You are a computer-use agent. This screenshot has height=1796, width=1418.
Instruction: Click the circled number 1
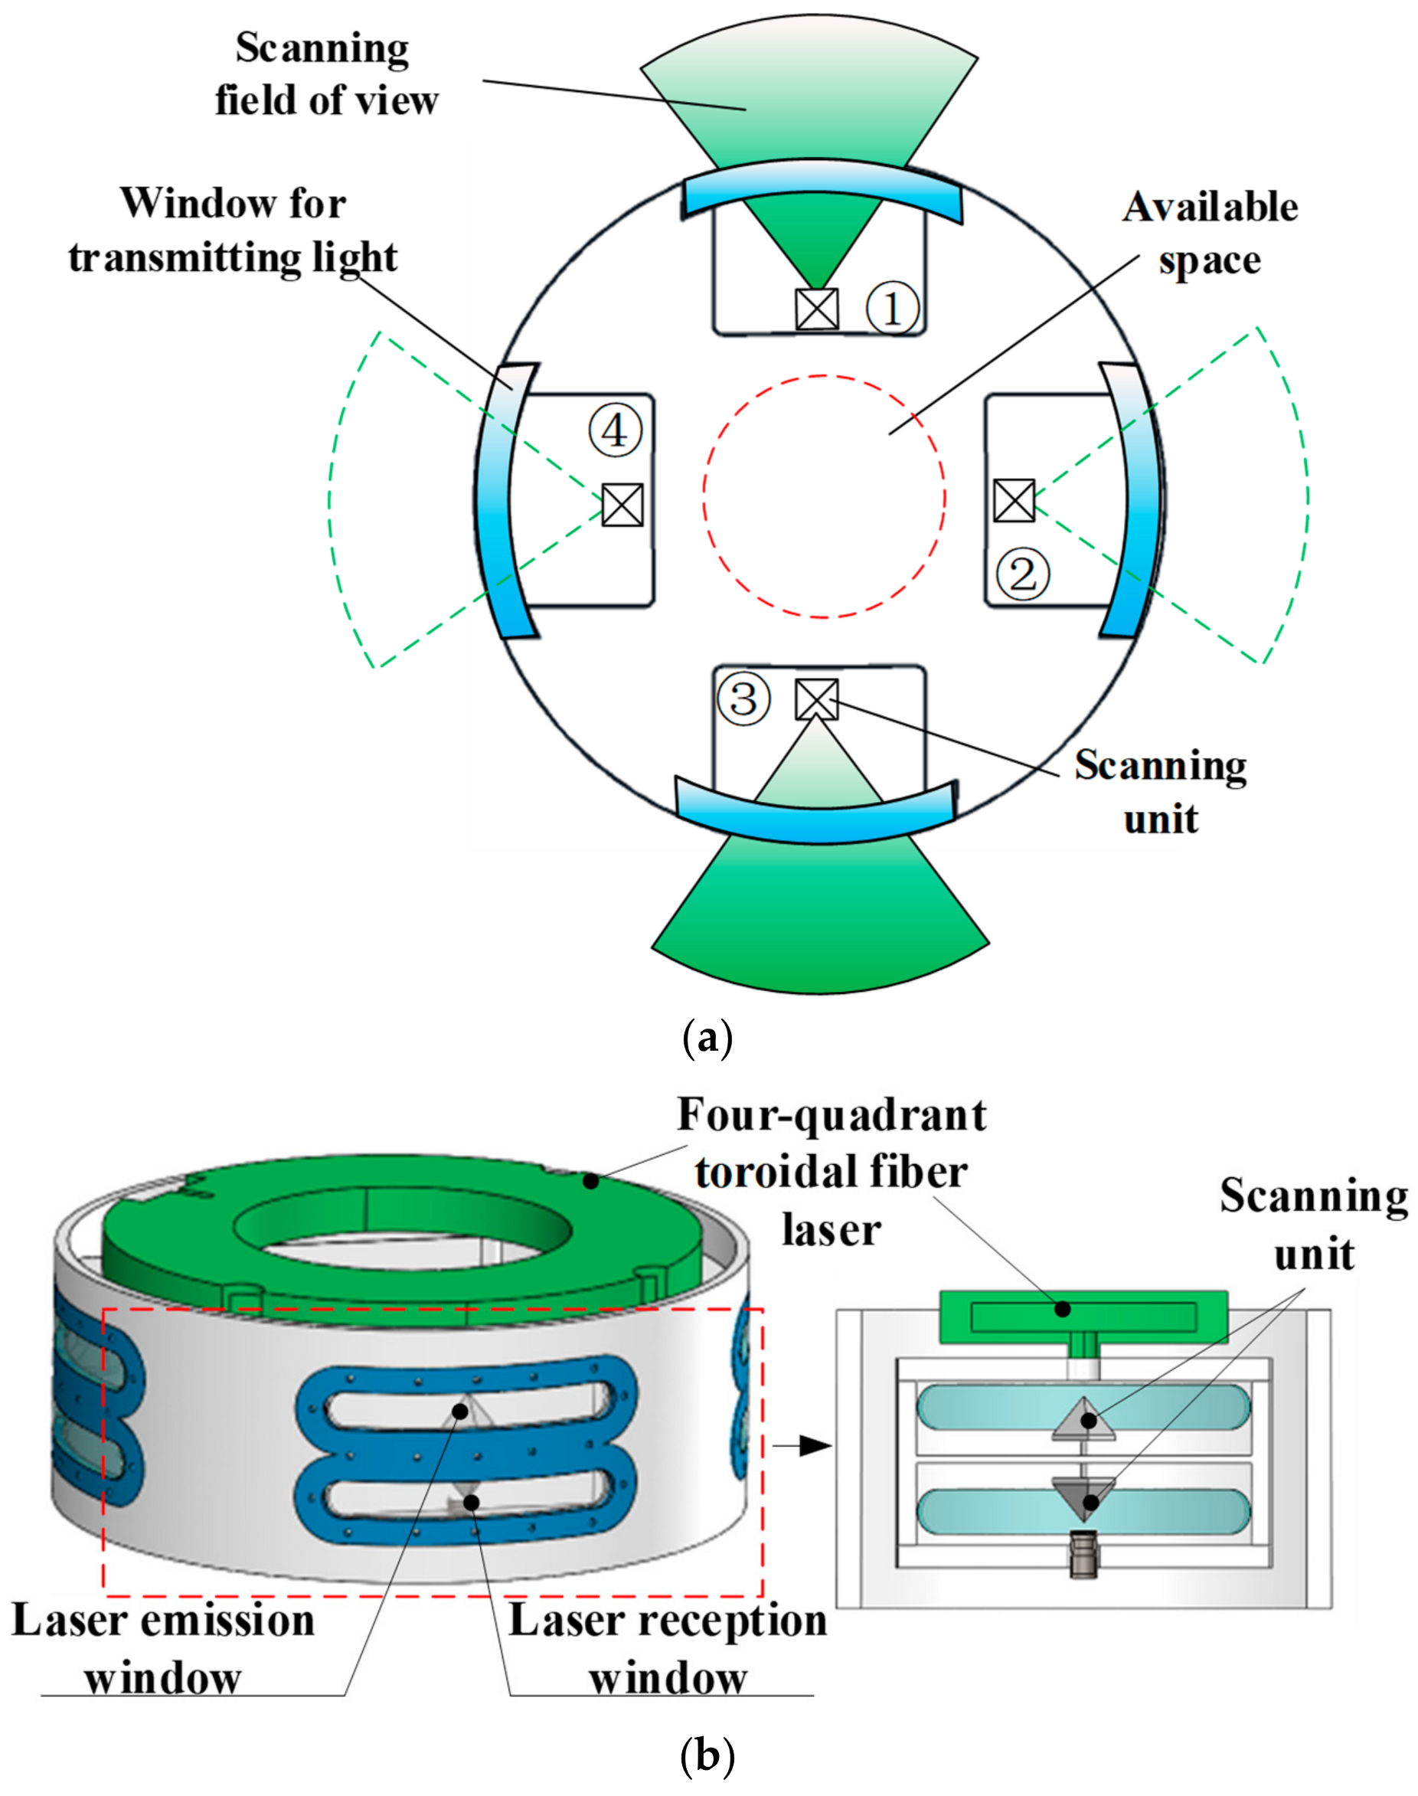coord(893,308)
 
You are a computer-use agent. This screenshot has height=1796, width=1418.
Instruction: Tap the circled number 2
coord(1023,574)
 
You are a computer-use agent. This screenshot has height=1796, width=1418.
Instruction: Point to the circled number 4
coord(615,431)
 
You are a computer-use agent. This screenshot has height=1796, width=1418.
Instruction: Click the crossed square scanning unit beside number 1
coord(817,309)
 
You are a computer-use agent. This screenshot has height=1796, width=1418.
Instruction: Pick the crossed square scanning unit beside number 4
coord(622,504)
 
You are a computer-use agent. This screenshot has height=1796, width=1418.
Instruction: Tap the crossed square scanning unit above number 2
coord(1014,501)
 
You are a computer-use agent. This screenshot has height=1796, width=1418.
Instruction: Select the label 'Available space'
coord(1210,234)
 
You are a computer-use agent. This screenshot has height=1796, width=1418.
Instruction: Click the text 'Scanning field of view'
coord(325,75)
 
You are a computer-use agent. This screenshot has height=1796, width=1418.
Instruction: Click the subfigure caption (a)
coord(707,1038)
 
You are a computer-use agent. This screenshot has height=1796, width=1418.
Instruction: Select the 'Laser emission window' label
coord(164,1649)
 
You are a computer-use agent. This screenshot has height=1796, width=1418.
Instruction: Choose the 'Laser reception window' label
coord(668,1649)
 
